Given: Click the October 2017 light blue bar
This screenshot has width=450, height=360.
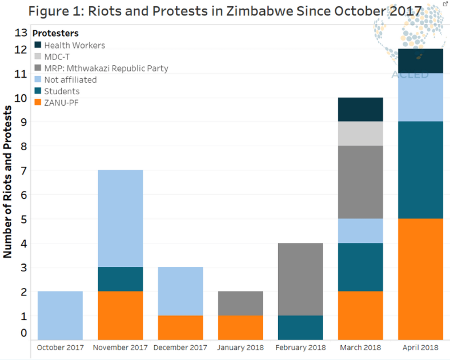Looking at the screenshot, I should pos(60,315).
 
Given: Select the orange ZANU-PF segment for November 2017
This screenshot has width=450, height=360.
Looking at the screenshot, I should pos(120,315).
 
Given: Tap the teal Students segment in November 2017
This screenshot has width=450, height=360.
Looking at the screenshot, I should pos(120,279).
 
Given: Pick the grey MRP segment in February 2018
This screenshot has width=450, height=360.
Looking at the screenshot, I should pos(300,279).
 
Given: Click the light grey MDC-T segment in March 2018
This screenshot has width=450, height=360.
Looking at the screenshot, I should pos(360,134).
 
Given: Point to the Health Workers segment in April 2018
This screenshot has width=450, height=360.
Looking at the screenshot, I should pos(420,61).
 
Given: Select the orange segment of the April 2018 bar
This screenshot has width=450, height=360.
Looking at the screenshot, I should pos(420,279).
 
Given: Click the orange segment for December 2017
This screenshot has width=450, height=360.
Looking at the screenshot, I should pos(180,327).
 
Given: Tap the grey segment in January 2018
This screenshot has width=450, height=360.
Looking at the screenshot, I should pos(240,303).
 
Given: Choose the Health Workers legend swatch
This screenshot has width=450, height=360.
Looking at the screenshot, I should pos(38,45).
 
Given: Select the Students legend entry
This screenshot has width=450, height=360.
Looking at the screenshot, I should pos(62,91).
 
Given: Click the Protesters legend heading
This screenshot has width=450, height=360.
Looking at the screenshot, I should pos(56,33).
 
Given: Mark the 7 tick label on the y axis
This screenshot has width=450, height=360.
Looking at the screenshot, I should pos(23,170).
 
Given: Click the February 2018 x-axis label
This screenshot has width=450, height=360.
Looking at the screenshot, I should pos(300,347).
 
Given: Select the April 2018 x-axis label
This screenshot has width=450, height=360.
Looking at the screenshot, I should pos(420,347).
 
